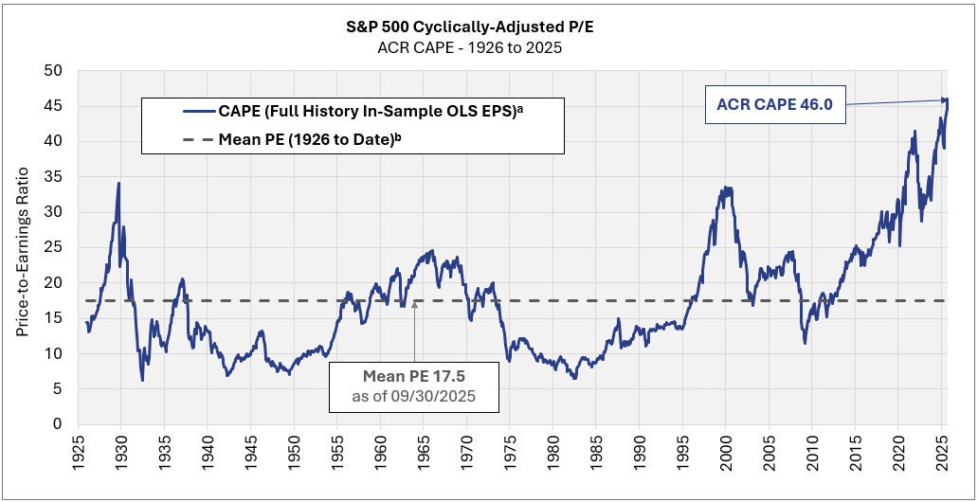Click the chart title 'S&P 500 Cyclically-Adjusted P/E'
point(488,28)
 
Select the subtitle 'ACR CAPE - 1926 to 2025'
point(488,47)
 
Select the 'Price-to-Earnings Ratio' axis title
point(23,248)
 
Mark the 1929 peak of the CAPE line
point(118,183)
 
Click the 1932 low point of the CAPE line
point(143,380)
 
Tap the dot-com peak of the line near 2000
point(724,188)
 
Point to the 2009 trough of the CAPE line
point(805,342)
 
